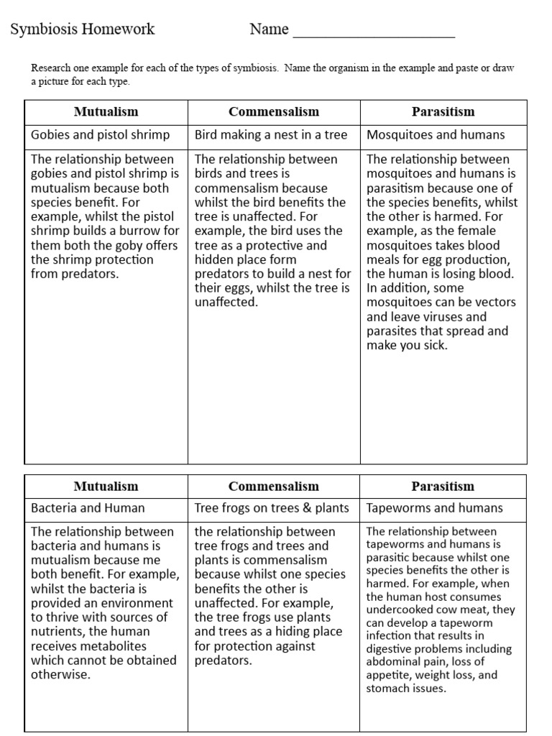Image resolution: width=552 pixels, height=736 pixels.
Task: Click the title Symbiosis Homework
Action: [x=83, y=29]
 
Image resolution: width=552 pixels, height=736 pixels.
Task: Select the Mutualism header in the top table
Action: [x=106, y=112]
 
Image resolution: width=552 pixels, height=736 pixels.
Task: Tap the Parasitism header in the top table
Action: [x=443, y=112]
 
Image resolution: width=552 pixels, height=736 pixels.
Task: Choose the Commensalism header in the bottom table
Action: [x=273, y=487]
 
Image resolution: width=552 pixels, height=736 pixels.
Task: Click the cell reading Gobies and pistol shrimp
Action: [x=101, y=134]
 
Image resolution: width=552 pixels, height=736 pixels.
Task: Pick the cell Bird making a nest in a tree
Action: [x=271, y=134]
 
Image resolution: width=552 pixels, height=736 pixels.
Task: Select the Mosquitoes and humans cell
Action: [x=436, y=134]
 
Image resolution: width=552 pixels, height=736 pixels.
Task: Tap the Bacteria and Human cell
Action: [x=88, y=507]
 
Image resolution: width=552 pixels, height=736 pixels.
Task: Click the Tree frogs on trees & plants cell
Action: [x=272, y=507]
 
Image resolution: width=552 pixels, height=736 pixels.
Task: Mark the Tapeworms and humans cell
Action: [x=435, y=507]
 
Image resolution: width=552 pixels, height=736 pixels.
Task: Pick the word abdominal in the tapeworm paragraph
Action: [x=392, y=662]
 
